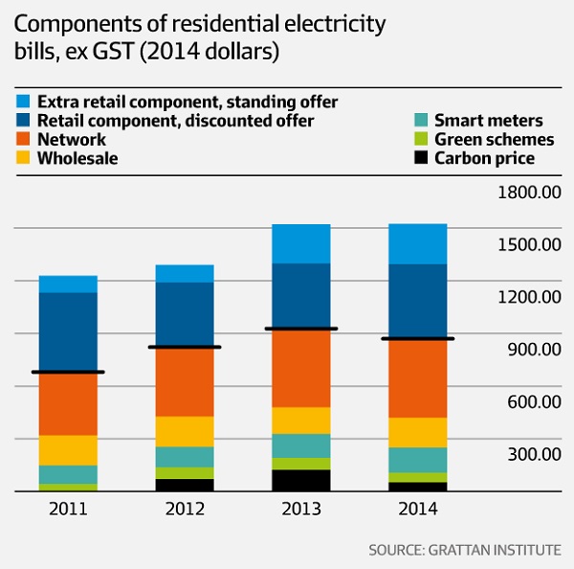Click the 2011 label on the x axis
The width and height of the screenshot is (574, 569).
pyautogui.click(x=67, y=509)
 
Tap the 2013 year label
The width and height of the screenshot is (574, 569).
pyautogui.click(x=300, y=509)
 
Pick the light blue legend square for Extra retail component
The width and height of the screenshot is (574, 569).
pyautogui.click(x=22, y=101)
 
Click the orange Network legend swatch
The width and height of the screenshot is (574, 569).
pyautogui.click(x=22, y=139)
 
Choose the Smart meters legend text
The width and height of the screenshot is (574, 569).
pyautogui.click(x=488, y=121)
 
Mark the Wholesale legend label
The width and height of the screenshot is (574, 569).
pyautogui.click(x=77, y=158)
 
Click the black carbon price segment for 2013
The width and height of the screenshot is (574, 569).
pyautogui.click(x=300, y=480)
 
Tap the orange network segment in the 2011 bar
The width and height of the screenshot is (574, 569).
pyautogui.click(x=67, y=403)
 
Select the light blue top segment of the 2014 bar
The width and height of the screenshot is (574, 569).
pyautogui.click(x=417, y=244)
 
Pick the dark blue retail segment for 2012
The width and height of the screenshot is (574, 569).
pyautogui.click(x=184, y=314)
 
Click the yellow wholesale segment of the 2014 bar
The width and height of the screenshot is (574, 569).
pyautogui.click(x=417, y=432)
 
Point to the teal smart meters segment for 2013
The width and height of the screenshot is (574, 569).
pyautogui.click(x=300, y=445)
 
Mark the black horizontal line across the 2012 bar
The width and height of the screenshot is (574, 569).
pyautogui.click(x=184, y=347)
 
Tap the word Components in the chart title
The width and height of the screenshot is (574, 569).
pyautogui.click(x=69, y=22)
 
